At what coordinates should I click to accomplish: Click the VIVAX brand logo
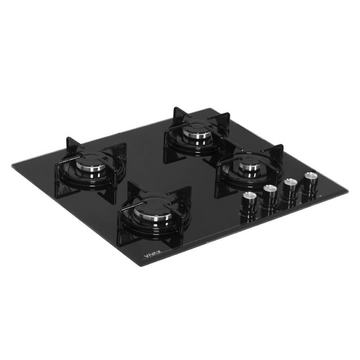click(153, 254)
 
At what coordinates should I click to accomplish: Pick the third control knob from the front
click(290, 188)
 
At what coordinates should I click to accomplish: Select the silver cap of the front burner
click(153, 214)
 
